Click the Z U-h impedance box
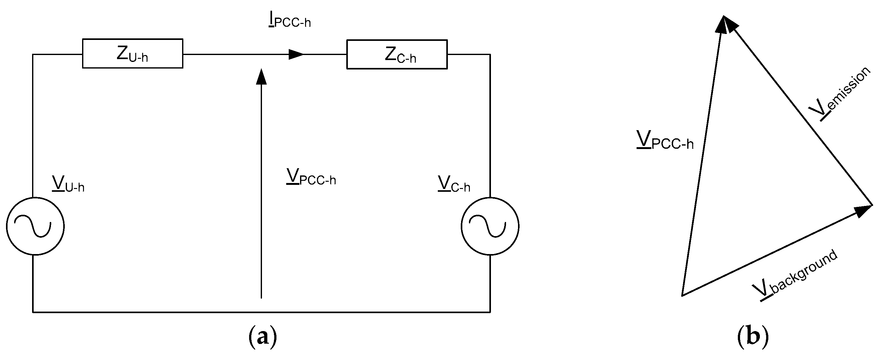pyautogui.click(x=132, y=54)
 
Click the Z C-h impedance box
pyautogui.click(x=397, y=55)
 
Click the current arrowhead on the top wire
pyautogui.click(x=296, y=54)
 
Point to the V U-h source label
pyautogui.click(x=68, y=185)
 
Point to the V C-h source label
pyautogui.click(x=454, y=185)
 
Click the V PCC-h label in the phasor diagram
pyautogui.click(x=665, y=140)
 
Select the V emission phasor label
pyautogui.click(x=839, y=94)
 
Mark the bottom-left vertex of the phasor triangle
pyautogui.click(x=682, y=296)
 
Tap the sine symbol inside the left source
pyautogui.click(x=32, y=226)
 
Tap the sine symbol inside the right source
pyautogui.click(x=487, y=226)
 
